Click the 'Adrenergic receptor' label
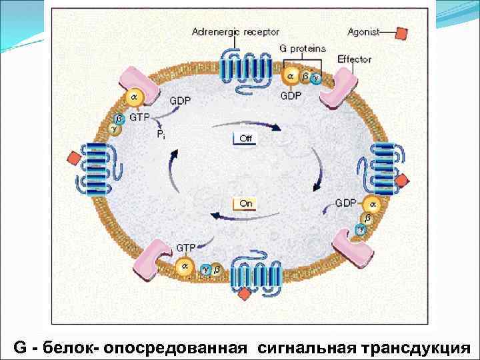[235, 31]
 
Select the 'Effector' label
[354, 59]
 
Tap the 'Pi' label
[161, 134]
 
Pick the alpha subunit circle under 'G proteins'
[290, 77]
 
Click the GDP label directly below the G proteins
[291, 95]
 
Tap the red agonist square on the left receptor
[73, 158]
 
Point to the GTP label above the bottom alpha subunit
[185, 247]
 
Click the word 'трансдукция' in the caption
[415, 347]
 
